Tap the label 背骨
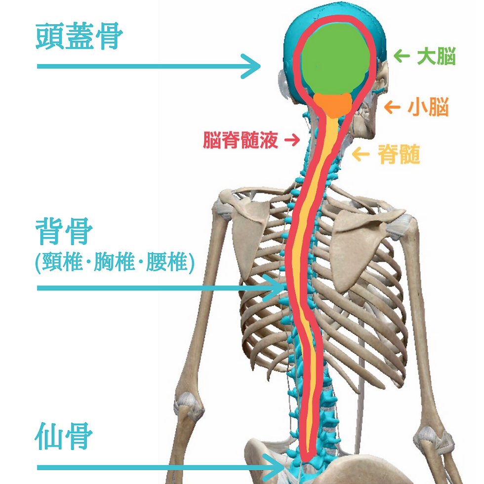(64, 233)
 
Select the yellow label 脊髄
(399, 155)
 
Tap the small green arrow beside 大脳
(402, 57)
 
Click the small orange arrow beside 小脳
(392, 107)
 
